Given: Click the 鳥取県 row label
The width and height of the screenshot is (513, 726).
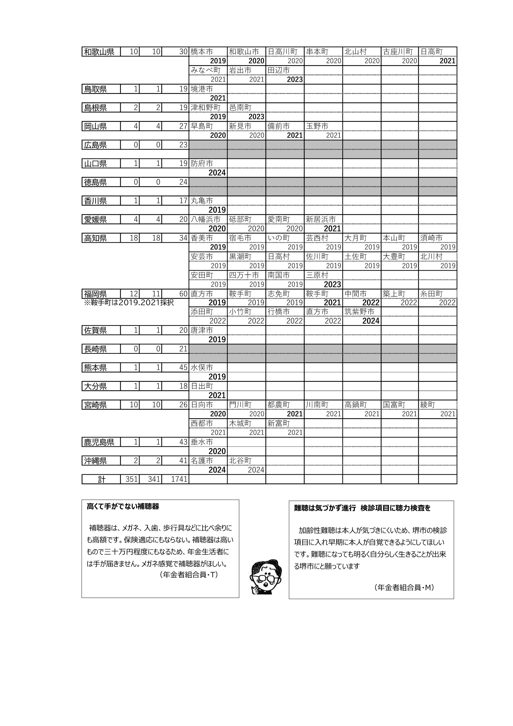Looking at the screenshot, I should coord(95,89).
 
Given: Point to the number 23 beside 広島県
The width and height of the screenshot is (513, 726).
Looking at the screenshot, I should coord(183,145).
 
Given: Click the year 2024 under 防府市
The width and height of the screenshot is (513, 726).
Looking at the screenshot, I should coord(217,173).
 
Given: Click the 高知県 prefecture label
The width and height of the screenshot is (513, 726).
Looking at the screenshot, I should coord(95,238).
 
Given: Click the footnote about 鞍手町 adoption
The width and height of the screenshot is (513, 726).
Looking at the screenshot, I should coord(129,302).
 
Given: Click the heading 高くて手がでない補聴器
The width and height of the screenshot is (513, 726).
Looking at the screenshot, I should coord(123,507).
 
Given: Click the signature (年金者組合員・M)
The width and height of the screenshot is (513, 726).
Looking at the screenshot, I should coord(404,587).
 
